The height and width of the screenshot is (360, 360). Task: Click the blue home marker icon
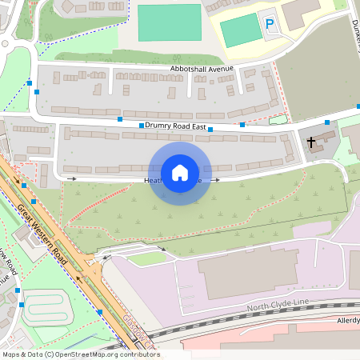(180, 173)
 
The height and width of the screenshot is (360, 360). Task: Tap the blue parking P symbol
(269, 26)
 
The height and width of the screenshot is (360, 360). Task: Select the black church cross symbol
(312, 142)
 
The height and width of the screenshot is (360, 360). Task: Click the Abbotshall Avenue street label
(202, 69)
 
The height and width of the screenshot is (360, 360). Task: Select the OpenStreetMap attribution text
(80, 354)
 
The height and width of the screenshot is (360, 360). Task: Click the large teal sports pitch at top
(170, 22)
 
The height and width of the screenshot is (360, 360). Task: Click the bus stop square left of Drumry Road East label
(142, 126)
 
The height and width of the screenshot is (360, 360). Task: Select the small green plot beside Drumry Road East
(278, 120)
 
